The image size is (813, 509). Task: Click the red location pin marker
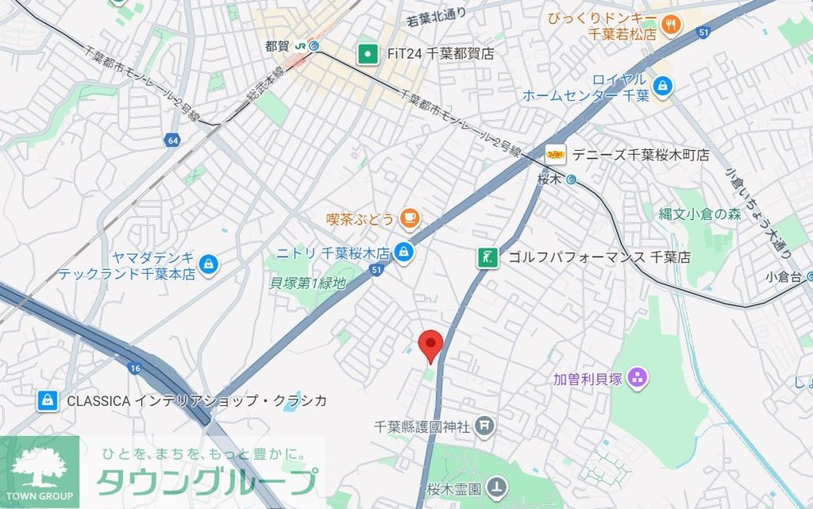pos(430,344)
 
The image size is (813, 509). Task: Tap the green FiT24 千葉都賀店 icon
pos(367,54)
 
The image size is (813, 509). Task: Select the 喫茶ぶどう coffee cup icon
pos(409,217)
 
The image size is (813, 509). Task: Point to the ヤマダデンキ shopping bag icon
pos(208,264)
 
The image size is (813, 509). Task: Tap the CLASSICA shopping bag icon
pos(48,401)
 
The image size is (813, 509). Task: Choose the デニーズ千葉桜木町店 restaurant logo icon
pos(555,154)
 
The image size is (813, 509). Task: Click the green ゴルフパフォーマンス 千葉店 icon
pos(487,257)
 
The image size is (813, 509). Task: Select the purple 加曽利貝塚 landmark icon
pos(636,378)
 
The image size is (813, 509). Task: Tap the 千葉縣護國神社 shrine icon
pos(485,427)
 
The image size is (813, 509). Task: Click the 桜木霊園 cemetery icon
pos(497,485)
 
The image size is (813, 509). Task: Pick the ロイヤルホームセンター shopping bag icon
pos(661,83)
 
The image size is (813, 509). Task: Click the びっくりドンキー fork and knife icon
pos(672,23)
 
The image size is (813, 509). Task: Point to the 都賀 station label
pos(278,45)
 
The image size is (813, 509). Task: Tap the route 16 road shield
pos(133,368)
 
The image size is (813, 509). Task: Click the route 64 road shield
pos(172,141)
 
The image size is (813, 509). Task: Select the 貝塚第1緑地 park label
pos(308,282)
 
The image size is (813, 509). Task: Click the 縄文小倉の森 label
pos(699,213)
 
